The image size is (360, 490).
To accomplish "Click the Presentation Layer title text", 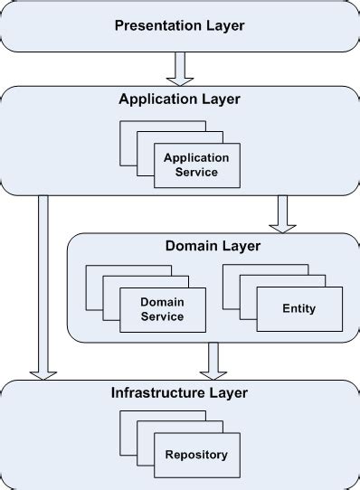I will pos(179,24).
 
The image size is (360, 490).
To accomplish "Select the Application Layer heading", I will pos(179,99).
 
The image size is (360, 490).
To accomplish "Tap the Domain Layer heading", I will pos(213,246).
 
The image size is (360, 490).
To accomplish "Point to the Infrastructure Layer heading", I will pos(179,392).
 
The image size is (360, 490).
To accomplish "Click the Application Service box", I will pos(196,165).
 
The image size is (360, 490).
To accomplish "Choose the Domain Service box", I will pos(163,309).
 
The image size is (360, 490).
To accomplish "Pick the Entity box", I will pos(298,309).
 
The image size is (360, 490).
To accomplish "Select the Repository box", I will pos(196,455).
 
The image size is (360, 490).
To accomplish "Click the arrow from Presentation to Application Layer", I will pos(179,67).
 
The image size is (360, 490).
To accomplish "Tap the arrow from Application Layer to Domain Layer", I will pos(283,213).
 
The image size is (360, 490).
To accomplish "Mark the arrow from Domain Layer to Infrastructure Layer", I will pos(213,360).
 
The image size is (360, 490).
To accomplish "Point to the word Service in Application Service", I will pos(196,172).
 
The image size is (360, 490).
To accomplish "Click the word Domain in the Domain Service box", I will pos(163,302).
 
